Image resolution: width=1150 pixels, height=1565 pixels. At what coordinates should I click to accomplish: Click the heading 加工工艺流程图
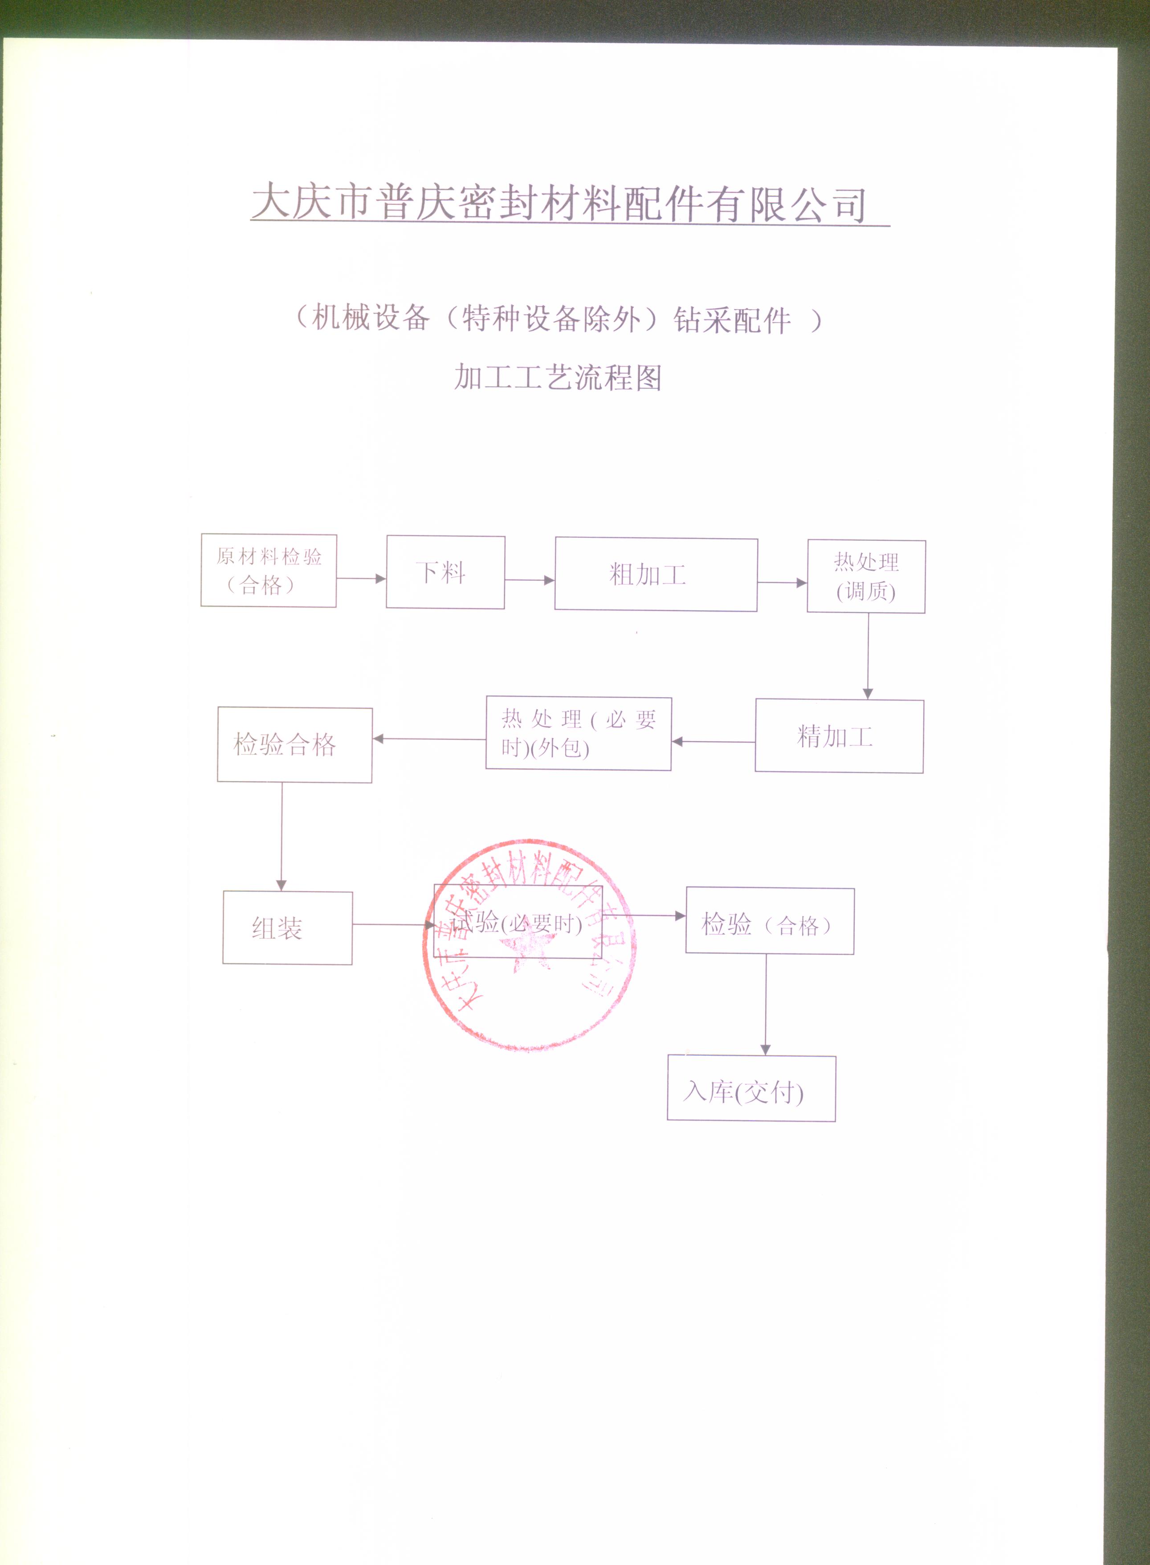coord(558,377)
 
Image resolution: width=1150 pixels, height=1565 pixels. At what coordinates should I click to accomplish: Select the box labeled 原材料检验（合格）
coord(269,570)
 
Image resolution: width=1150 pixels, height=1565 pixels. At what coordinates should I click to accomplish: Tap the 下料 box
coord(445,572)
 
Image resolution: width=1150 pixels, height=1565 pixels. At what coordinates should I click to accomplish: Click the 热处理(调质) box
coord(866,576)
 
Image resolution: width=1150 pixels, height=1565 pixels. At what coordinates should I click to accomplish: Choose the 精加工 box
coord(840,736)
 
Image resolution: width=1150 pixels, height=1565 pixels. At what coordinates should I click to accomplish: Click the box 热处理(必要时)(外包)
coord(579,733)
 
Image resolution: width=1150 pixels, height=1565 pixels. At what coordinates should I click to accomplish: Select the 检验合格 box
coord(294,745)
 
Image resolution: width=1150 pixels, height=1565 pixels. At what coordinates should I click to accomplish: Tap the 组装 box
coord(288,928)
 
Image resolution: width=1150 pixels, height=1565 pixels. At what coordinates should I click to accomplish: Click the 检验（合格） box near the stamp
coord(770,921)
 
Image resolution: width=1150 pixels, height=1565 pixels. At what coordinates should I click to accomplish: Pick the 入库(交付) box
coord(751,1088)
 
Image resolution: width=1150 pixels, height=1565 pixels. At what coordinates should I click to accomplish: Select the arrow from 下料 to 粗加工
coord(530,580)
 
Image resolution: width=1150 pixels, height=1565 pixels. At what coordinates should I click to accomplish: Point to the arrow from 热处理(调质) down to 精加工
coord(868,656)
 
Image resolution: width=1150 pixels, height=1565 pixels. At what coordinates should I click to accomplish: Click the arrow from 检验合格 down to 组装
coord(282,837)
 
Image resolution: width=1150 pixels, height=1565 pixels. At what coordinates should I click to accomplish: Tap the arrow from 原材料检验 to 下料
coord(361,578)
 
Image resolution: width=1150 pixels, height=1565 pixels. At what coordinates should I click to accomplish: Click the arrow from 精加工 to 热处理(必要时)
coord(714,741)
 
